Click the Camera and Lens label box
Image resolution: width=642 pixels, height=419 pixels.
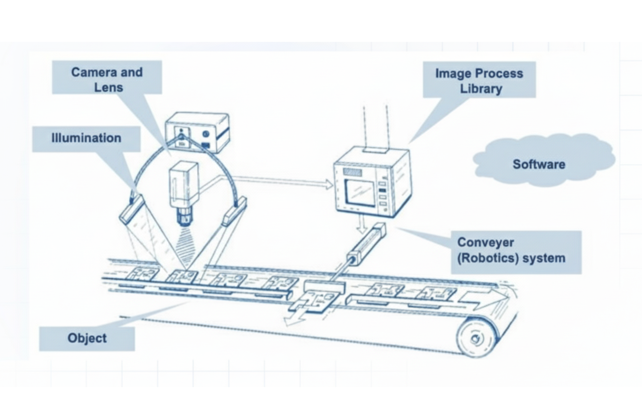(107, 78)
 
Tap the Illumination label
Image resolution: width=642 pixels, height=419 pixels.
(86, 139)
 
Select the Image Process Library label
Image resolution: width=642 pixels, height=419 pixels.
(479, 80)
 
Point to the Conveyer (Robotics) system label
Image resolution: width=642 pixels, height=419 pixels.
(516, 252)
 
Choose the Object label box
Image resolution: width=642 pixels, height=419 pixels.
(87, 338)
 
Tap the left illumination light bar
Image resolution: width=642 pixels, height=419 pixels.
(132, 209)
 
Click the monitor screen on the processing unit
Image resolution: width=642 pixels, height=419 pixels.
(360, 193)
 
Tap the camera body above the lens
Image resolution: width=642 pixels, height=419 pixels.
(184, 185)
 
